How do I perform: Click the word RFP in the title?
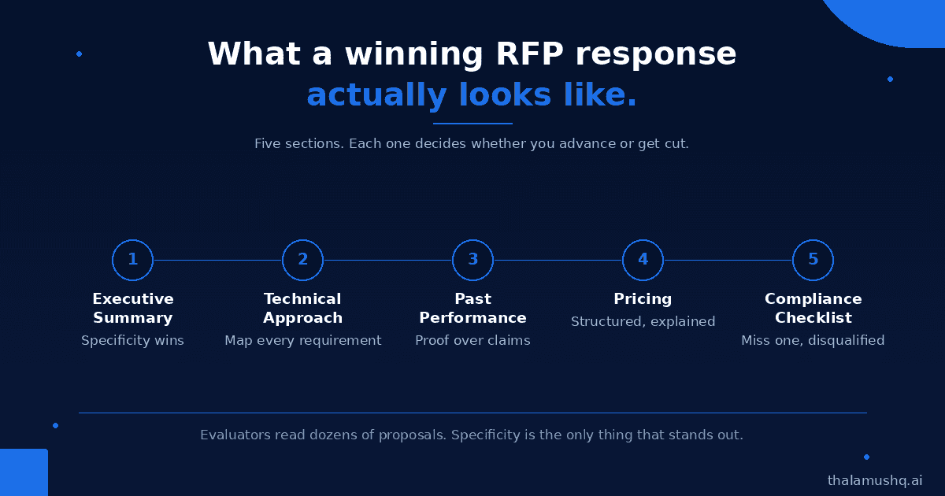pos(529,54)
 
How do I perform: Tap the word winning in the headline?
pos(414,55)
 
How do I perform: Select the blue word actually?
pos(376,95)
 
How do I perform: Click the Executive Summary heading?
pos(133,309)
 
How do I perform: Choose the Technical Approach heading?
pos(303,309)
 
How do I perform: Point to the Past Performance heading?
pos(473,309)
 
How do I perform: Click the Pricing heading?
pos(643,299)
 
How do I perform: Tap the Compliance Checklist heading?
pos(813,309)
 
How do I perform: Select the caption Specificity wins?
pos(132,340)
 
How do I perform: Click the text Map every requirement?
pos(303,340)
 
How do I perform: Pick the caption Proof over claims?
pos(473,340)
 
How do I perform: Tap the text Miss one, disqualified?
pos(813,340)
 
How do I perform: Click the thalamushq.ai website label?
pos(875,480)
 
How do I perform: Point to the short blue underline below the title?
pos(473,124)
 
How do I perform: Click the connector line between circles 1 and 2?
pos(217,261)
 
